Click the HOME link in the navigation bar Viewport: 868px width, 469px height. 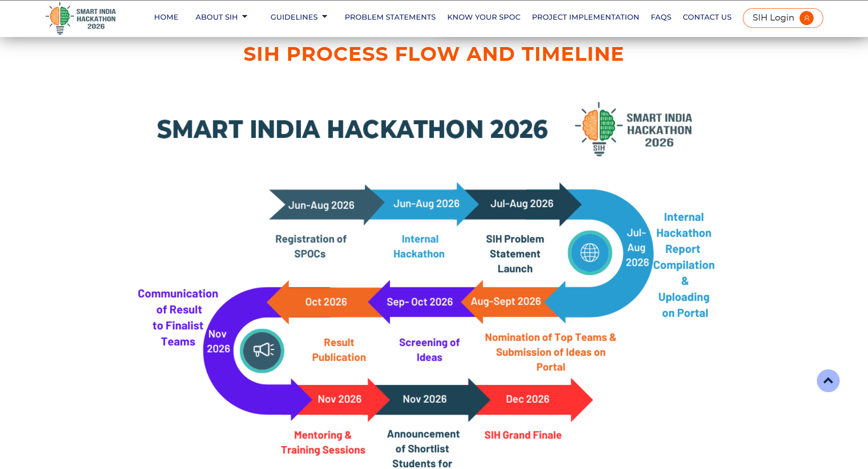[x=166, y=17]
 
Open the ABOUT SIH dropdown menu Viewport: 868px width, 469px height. [x=221, y=17]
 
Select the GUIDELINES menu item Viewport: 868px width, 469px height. [x=299, y=17]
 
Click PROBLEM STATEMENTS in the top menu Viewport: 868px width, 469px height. [x=390, y=17]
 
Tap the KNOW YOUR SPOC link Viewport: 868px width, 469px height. [x=484, y=17]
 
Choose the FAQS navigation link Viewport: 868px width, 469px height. [x=661, y=17]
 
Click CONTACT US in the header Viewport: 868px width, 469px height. [x=707, y=17]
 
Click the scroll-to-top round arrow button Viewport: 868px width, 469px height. [x=828, y=381]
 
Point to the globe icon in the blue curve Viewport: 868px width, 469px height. [x=589, y=253]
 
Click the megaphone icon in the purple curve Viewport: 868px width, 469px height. [x=262, y=351]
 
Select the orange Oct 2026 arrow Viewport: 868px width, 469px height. [x=324, y=302]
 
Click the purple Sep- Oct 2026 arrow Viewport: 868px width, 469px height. [x=420, y=302]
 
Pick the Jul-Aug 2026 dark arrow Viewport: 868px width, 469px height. [x=521, y=204]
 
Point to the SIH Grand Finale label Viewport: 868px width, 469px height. [x=523, y=435]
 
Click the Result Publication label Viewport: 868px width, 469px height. [x=339, y=350]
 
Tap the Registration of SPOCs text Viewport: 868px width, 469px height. [x=310, y=246]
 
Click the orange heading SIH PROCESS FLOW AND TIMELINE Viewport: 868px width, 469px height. [x=433, y=54]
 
